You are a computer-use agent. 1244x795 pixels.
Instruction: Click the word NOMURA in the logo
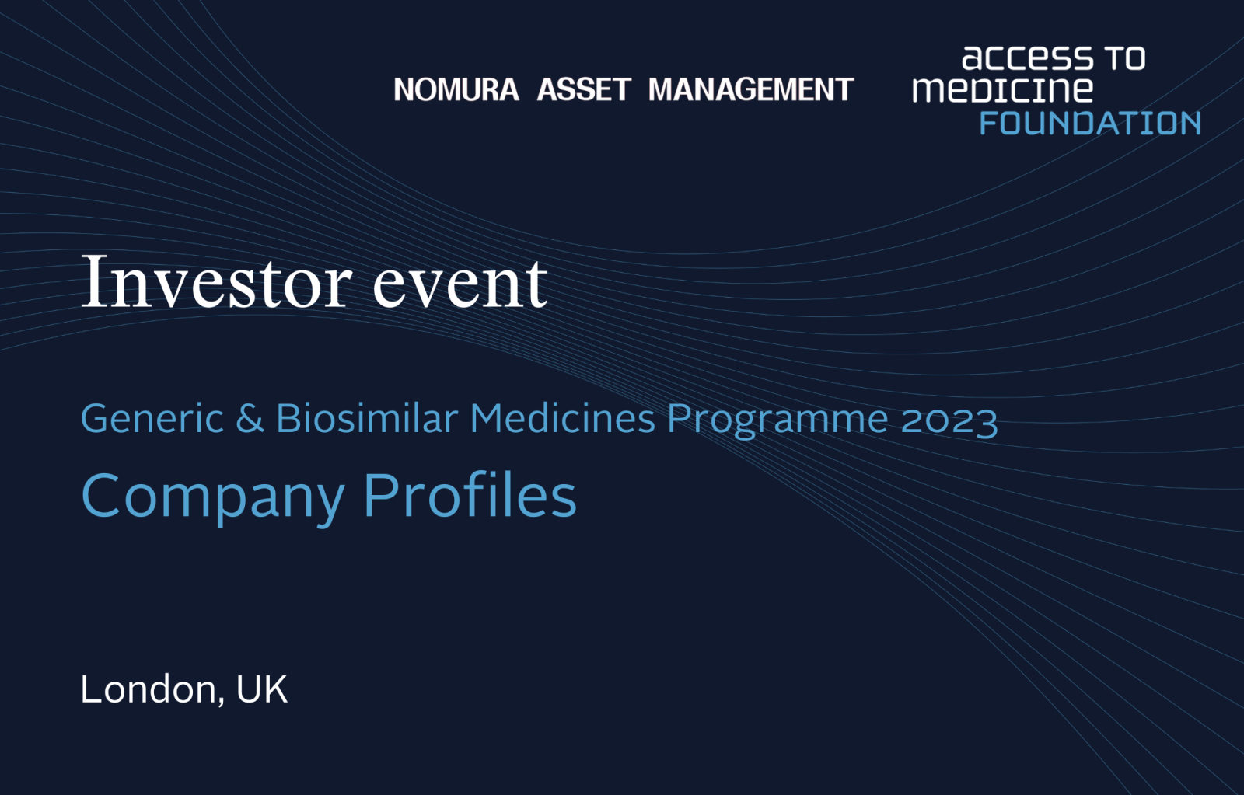tap(456, 89)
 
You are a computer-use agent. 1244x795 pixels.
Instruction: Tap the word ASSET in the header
tap(584, 89)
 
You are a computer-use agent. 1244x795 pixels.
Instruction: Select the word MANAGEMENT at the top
tap(751, 89)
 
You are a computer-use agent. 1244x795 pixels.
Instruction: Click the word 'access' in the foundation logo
tap(1027, 58)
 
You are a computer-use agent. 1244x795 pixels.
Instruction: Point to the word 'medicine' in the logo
tap(1002, 89)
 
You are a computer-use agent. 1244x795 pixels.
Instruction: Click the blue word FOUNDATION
tap(1090, 123)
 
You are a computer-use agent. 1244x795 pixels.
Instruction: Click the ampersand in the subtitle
tap(250, 418)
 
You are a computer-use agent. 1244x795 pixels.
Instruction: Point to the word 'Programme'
tap(777, 421)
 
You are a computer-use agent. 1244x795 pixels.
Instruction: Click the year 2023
tap(949, 420)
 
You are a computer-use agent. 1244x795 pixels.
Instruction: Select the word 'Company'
tap(213, 497)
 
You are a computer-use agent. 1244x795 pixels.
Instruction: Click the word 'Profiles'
tap(470, 494)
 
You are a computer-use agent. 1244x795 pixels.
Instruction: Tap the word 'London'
tap(149, 689)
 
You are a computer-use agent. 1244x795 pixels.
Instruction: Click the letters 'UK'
tap(262, 689)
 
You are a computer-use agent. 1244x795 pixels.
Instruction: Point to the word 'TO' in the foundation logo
tap(1124, 58)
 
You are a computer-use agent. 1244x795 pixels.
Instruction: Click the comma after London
tap(221, 701)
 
